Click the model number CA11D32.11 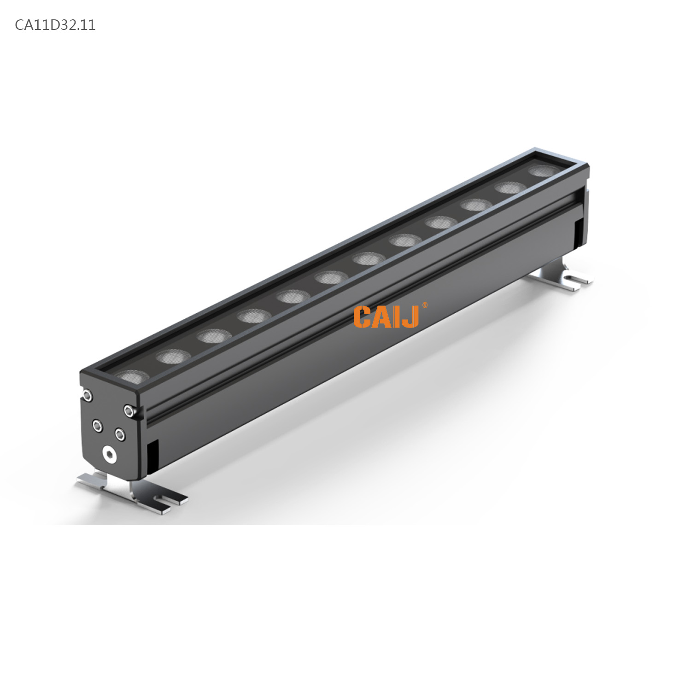point(55,25)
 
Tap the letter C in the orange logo point(363,317)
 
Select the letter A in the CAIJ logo point(381,317)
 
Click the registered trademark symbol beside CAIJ point(424,305)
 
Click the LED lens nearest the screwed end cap point(132,377)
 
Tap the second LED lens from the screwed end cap point(173,356)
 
